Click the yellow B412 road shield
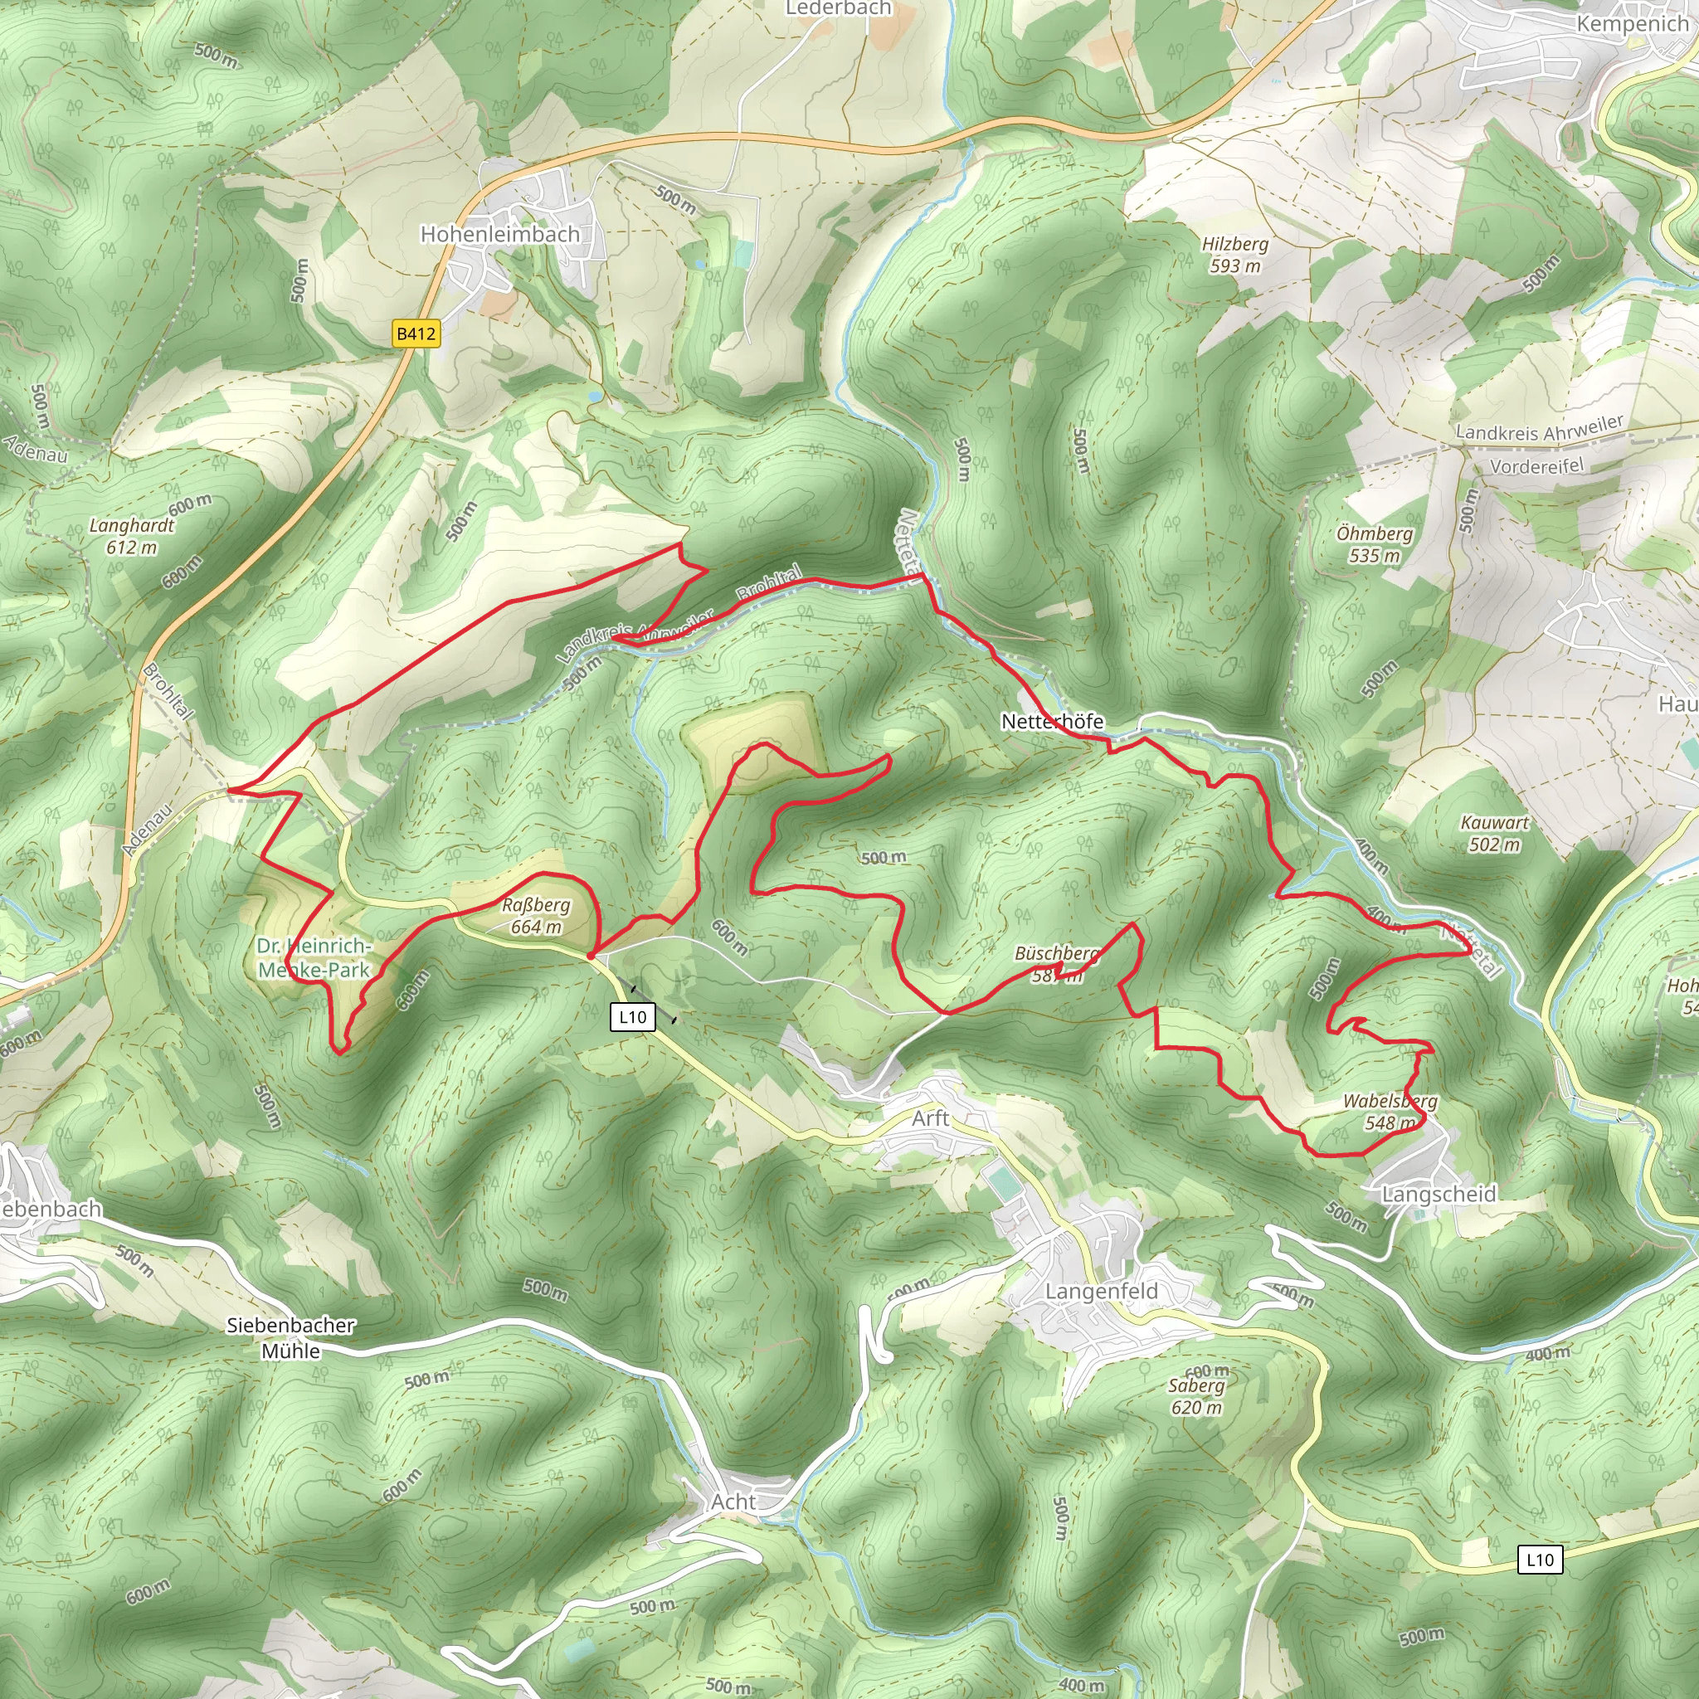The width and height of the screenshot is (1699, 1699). [x=415, y=334]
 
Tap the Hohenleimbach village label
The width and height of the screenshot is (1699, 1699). [x=499, y=235]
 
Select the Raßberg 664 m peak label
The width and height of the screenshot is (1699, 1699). [x=536, y=916]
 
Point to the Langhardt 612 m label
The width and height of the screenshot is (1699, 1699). [x=132, y=537]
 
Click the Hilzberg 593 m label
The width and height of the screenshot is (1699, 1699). [x=1234, y=255]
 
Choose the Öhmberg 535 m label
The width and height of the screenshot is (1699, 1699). [x=1374, y=544]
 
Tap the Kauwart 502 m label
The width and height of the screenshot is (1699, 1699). [x=1494, y=834]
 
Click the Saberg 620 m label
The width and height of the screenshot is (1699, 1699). [x=1196, y=1396]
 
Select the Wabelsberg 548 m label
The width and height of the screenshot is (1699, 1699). [x=1390, y=1112]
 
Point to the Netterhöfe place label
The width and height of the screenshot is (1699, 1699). [x=1052, y=721]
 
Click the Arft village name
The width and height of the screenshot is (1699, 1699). [x=931, y=1118]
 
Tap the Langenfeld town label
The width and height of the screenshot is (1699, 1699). [x=1101, y=1291]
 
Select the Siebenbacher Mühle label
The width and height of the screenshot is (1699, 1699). [x=291, y=1337]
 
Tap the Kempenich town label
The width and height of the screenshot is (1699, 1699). [x=1631, y=24]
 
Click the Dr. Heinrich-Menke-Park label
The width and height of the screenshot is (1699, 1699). [x=314, y=957]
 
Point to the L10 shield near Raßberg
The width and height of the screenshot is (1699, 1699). [x=632, y=1017]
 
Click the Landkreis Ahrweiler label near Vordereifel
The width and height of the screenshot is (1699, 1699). [x=1539, y=428]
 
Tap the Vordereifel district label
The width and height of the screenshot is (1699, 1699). [x=1536, y=466]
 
